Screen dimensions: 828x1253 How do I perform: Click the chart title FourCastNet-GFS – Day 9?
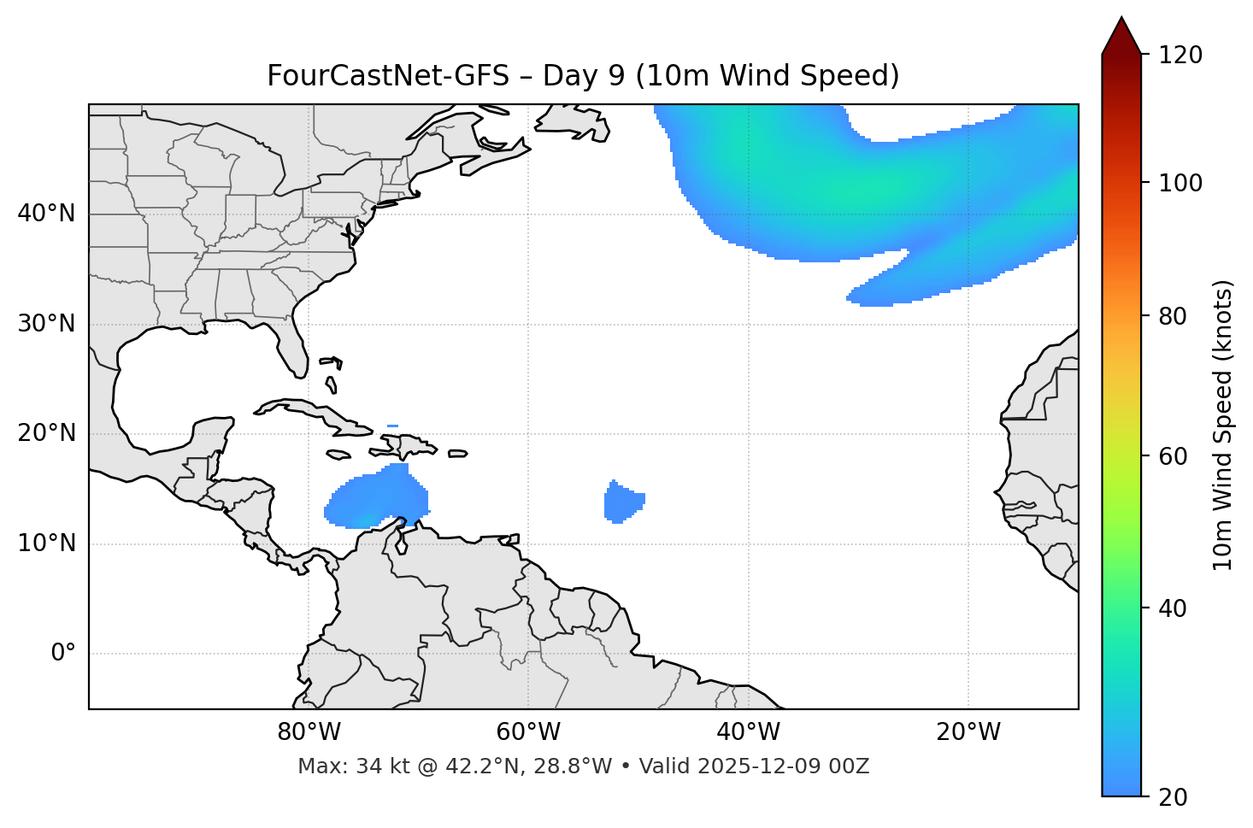pyautogui.click(x=583, y=76)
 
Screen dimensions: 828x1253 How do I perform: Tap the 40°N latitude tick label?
pyautogui.click(x=46, y=214)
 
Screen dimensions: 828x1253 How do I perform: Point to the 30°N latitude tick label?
pyautogui.click(x=46, y=324)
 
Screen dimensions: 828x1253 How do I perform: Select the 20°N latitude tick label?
pyautogui.click(x=46, y=433)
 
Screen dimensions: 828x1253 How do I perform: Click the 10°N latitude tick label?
pyautogui.click(x=46, y=543)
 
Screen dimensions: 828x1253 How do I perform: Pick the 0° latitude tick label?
pyautogui.click(x=63, y=654)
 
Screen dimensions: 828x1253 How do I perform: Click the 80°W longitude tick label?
pyautogui.click(x=309, y=732)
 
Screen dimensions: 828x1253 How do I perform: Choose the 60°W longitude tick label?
pyautogui.click(x=528, y=732)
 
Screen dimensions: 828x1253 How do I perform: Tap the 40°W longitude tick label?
pyautogui.click(x=748, y=732)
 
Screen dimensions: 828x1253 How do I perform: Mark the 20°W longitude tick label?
pyautogui.click(x=968, y=732)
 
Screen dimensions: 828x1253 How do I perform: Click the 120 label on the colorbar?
pyautogui.click(x=1180, y=56)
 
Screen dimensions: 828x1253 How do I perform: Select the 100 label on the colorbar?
pyautogui.click(x=1180, y=183)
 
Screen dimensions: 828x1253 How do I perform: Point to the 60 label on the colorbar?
pyautogui.click(x=1174, y=456)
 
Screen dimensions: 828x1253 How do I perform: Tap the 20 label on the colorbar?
pyautogui.click(x=1174, y=797)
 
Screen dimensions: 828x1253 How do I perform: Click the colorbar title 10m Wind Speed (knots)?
pyautogui.click(x=1223, y=425)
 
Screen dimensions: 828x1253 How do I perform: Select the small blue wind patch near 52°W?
pyautogui.click(x=621, y=502)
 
